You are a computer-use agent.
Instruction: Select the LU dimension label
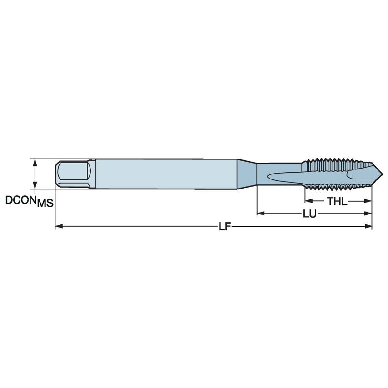point(311,214)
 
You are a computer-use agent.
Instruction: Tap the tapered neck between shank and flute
point(246,173)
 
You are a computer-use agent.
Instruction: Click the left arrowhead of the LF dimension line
point(58,226)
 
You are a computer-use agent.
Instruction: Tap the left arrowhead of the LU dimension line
point(260,213)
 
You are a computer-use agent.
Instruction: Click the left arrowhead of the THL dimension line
point(308,200)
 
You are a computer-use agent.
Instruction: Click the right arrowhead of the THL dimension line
point(369,200)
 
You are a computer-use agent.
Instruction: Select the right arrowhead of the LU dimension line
point(369,213)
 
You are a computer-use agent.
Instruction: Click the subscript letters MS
point(45,204)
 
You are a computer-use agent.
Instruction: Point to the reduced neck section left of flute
point(264,173)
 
